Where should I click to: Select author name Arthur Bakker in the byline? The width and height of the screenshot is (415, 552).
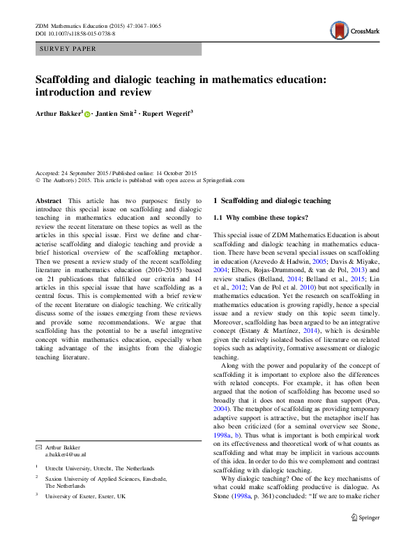[x=59, y=112]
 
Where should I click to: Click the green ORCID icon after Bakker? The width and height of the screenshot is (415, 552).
[x=87, y=113]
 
